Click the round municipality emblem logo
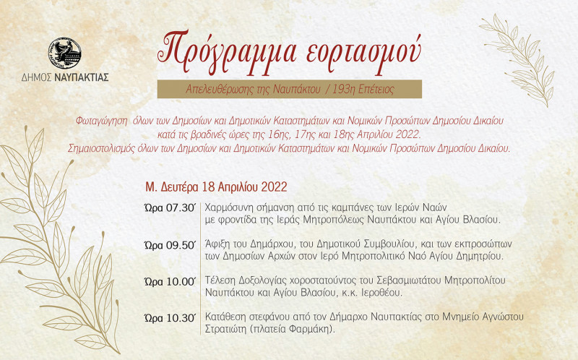pyautogui.click(x=64, y=53)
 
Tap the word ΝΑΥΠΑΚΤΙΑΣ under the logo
pyautogui.click(x=82, y=77)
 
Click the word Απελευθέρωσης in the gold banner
pyautogui.click(x=221, y=90)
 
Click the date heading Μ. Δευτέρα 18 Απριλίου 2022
pyautogui.click(x=216, y=187)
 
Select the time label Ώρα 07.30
pyautogui.click(x=170, y=208)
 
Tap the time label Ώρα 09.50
pyautogui.click(x=170, y=245)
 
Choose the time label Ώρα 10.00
pyautogui.click(x=170, y=282)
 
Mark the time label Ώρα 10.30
pyautogui.click(x=170, y=317)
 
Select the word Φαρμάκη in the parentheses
pyautogui.click(x=311, y=329)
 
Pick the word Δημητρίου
pyautogui.click(x=480, y=256)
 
